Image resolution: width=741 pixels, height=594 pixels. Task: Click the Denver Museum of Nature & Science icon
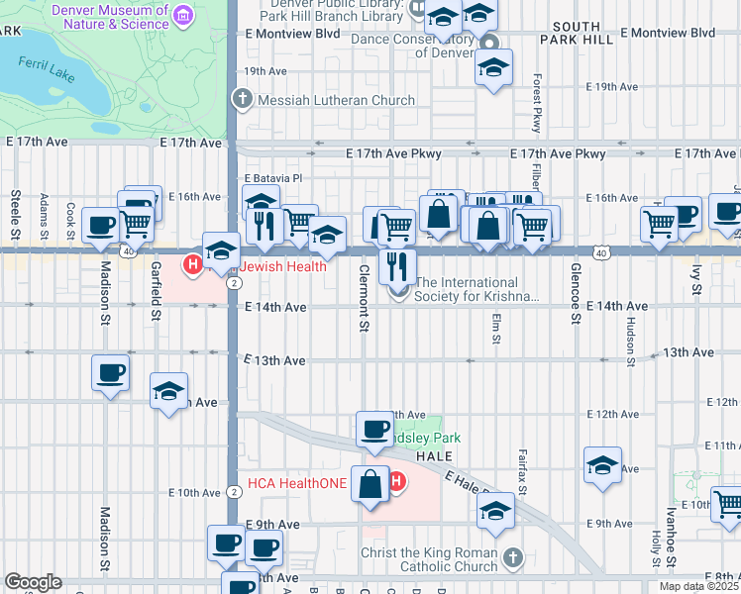tap(181, 16)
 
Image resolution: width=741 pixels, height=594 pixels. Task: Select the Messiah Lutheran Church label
tap(322, 100)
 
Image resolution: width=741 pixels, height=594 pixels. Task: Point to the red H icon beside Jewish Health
tap(194, 265)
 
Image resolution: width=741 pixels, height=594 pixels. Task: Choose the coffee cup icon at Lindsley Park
tap(374, 430)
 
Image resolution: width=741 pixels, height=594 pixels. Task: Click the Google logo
tap(33, 581)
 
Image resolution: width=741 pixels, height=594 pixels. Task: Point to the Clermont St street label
tap(364, 298)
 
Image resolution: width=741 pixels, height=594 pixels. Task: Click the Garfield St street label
tap(157, 291)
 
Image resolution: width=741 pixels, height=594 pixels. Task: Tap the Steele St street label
tap(16, 216)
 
